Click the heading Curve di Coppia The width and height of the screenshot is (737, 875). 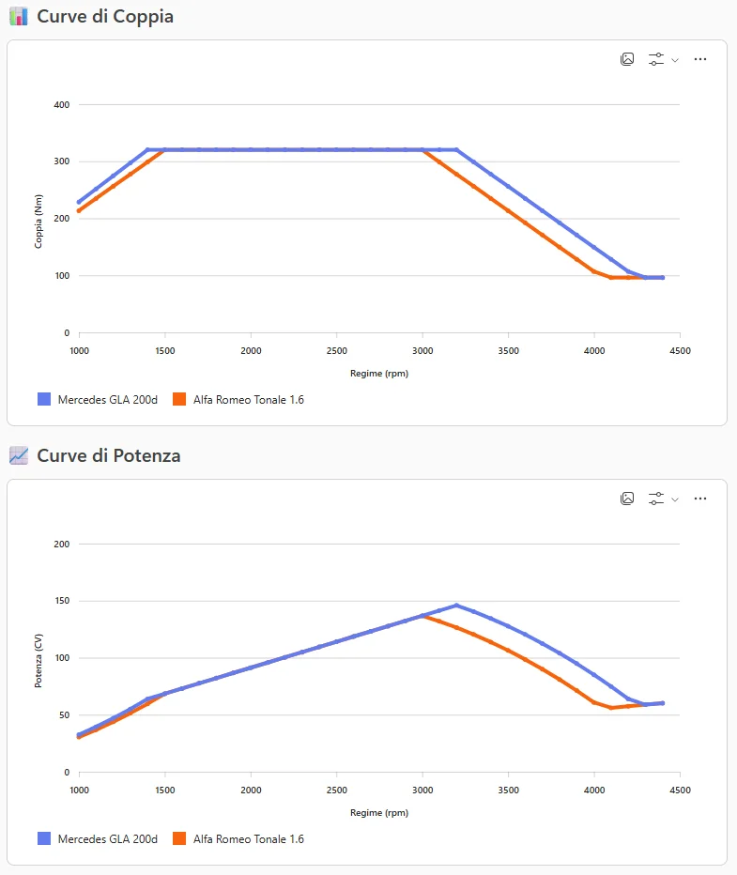105,16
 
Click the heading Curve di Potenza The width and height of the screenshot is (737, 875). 109,455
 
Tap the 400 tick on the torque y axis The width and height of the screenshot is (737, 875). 61,105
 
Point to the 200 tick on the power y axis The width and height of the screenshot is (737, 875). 61,545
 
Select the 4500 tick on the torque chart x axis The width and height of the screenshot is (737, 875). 680,349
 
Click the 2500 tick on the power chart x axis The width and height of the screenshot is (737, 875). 336,790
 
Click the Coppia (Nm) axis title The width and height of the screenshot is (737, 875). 39,219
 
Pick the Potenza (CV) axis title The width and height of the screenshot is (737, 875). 39,658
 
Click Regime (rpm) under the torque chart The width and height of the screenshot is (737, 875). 379,373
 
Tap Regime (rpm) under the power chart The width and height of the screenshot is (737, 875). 379,812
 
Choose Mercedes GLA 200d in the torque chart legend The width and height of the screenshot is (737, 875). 107,399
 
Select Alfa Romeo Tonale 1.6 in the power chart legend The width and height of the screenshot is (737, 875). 248,838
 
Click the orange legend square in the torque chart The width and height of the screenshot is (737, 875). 179,399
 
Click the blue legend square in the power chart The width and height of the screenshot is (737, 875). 44,838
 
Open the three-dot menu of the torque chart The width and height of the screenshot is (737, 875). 699,59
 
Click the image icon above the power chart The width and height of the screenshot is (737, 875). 627,499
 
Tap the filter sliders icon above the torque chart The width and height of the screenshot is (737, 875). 656,59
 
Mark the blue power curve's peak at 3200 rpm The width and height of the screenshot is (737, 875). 456,606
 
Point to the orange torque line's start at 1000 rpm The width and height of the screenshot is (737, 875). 80,210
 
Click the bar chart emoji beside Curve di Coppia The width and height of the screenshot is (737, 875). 18,16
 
